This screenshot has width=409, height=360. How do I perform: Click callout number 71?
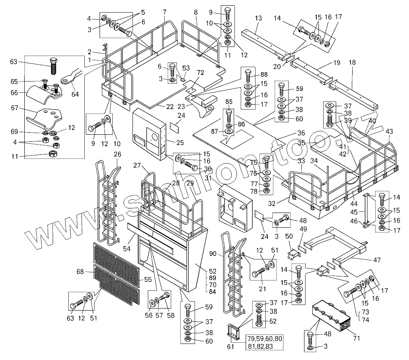point(356,338)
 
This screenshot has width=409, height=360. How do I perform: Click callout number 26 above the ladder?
point(118,154)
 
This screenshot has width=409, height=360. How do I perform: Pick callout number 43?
point(389,131)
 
